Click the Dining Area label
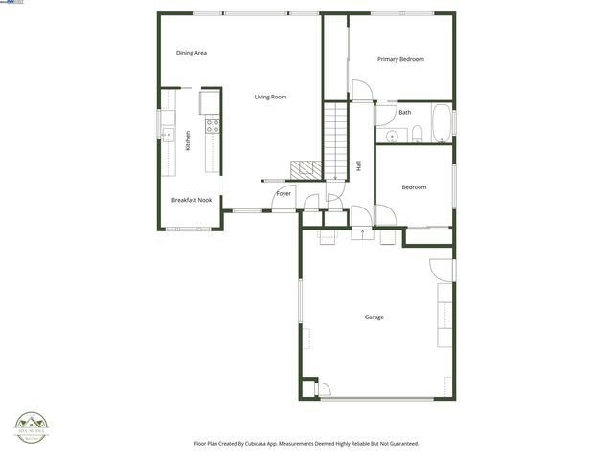[192, 53]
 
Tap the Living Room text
[270, 97]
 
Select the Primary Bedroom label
[400, 59]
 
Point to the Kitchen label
[188, 141]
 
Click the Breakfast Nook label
[192, 200]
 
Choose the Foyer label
[284, 194]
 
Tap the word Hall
[358, 165]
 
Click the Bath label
[405, 112]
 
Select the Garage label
[374, 317]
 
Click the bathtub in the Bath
[441, 123]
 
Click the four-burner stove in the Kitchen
[213, 124]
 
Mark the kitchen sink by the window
[166, 134]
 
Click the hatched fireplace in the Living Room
[306, 169]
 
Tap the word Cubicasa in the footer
[270, 444]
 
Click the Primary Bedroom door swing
[362, 92]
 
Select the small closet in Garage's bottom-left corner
[308, 388]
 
